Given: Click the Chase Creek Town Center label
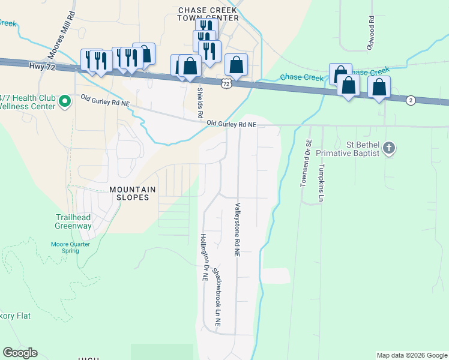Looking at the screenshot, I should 208,14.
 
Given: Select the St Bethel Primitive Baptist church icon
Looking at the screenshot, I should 389,148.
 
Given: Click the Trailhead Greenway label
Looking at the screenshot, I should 73,221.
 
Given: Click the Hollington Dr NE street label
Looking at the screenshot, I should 203,257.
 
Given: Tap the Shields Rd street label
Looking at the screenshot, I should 200,99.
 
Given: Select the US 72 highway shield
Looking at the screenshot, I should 226,83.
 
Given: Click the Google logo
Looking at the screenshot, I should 20,353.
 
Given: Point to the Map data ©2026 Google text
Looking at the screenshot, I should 412,355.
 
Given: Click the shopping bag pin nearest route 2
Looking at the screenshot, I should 379,87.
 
